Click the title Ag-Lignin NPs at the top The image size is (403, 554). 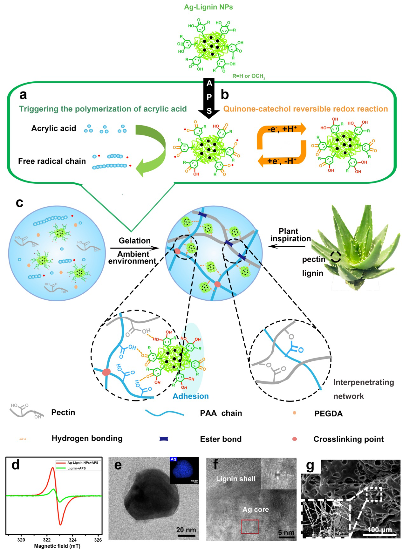coord(208,7)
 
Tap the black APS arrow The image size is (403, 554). coord(209,99)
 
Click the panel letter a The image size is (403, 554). coord(23,95)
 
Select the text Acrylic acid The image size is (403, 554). coord(53,128)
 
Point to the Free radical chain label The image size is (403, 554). coord(52,161)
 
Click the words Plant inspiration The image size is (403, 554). coord(290,235)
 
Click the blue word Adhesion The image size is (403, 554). coord(191,396)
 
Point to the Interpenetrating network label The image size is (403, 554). coord(363,389)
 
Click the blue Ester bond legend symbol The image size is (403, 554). coord(164,439)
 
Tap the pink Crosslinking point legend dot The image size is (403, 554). coord(295,439)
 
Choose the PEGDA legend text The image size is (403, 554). coord(328,414)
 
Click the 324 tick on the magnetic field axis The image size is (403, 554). coord(72,540)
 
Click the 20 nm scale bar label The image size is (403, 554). coord(186,530)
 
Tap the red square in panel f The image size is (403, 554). coord(250,526)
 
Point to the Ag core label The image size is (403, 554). coord(256,510)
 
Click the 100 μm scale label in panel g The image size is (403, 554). coord(379,530)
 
